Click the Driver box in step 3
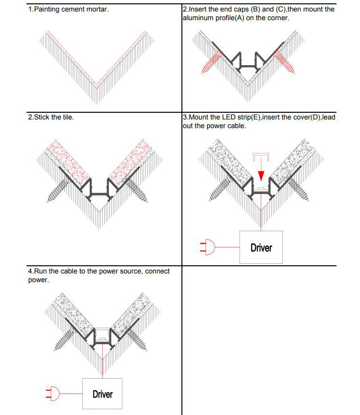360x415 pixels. [261, 247]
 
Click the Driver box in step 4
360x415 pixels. [102, 394]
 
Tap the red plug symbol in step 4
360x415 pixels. [51, 394]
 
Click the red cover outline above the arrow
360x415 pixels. [260, 157]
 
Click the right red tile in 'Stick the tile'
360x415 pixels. [129, 159]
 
